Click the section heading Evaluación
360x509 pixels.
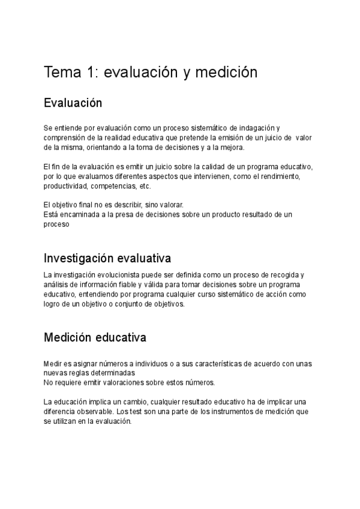coord(73,103)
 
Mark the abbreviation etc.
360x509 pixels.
coord(145,186)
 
